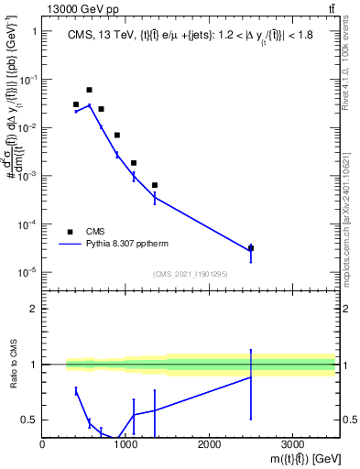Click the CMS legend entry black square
(x=71, y=232)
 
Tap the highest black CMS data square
(x=89, y=90)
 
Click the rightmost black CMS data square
(x=251, y=248)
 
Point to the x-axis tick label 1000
(x=126, y=445)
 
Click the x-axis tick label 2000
(x=209, y=445)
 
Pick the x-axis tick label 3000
(x=292, y=445)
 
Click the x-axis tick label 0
(x=43, y=445)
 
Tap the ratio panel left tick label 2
(x=34, y=309)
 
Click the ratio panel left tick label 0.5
(x=31, y=420)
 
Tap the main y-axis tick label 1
(x=34, y=32)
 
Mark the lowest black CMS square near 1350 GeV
(x=155, y=185)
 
